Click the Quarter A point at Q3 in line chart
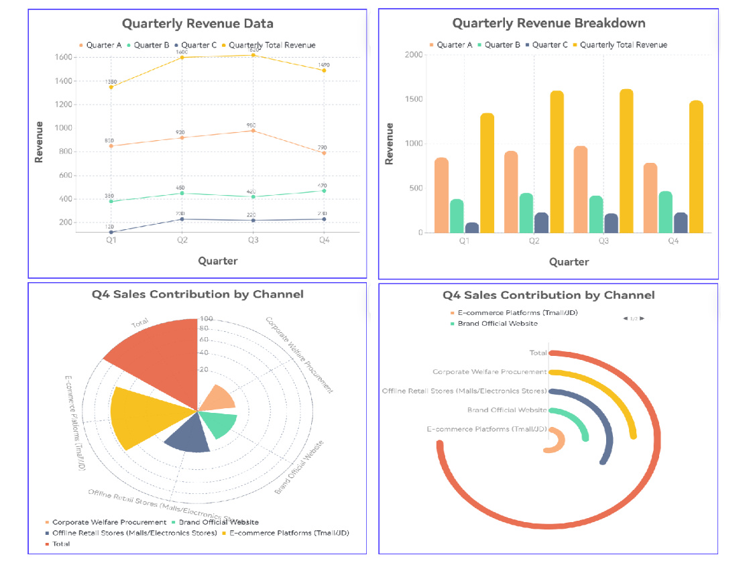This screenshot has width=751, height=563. (x=253, y=131)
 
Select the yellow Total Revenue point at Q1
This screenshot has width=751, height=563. (x=111, y=87)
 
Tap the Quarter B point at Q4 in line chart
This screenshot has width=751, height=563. (x=324, y=191)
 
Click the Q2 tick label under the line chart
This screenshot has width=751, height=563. (x=182, y=240)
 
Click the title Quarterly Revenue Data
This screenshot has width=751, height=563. (x=197, y=23)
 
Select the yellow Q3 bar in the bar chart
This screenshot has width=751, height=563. (x=626, y=161)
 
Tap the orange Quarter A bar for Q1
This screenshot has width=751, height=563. (x=441, y=195)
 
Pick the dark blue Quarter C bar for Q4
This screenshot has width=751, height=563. (x=681, y=223)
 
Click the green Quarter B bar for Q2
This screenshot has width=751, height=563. (x=526, y=213)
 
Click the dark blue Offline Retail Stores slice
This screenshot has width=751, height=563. (x=188, y=436)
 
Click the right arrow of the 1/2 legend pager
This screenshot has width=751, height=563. (x=642, y=318)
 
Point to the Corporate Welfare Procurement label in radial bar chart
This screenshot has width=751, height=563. (x=489, y=371)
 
